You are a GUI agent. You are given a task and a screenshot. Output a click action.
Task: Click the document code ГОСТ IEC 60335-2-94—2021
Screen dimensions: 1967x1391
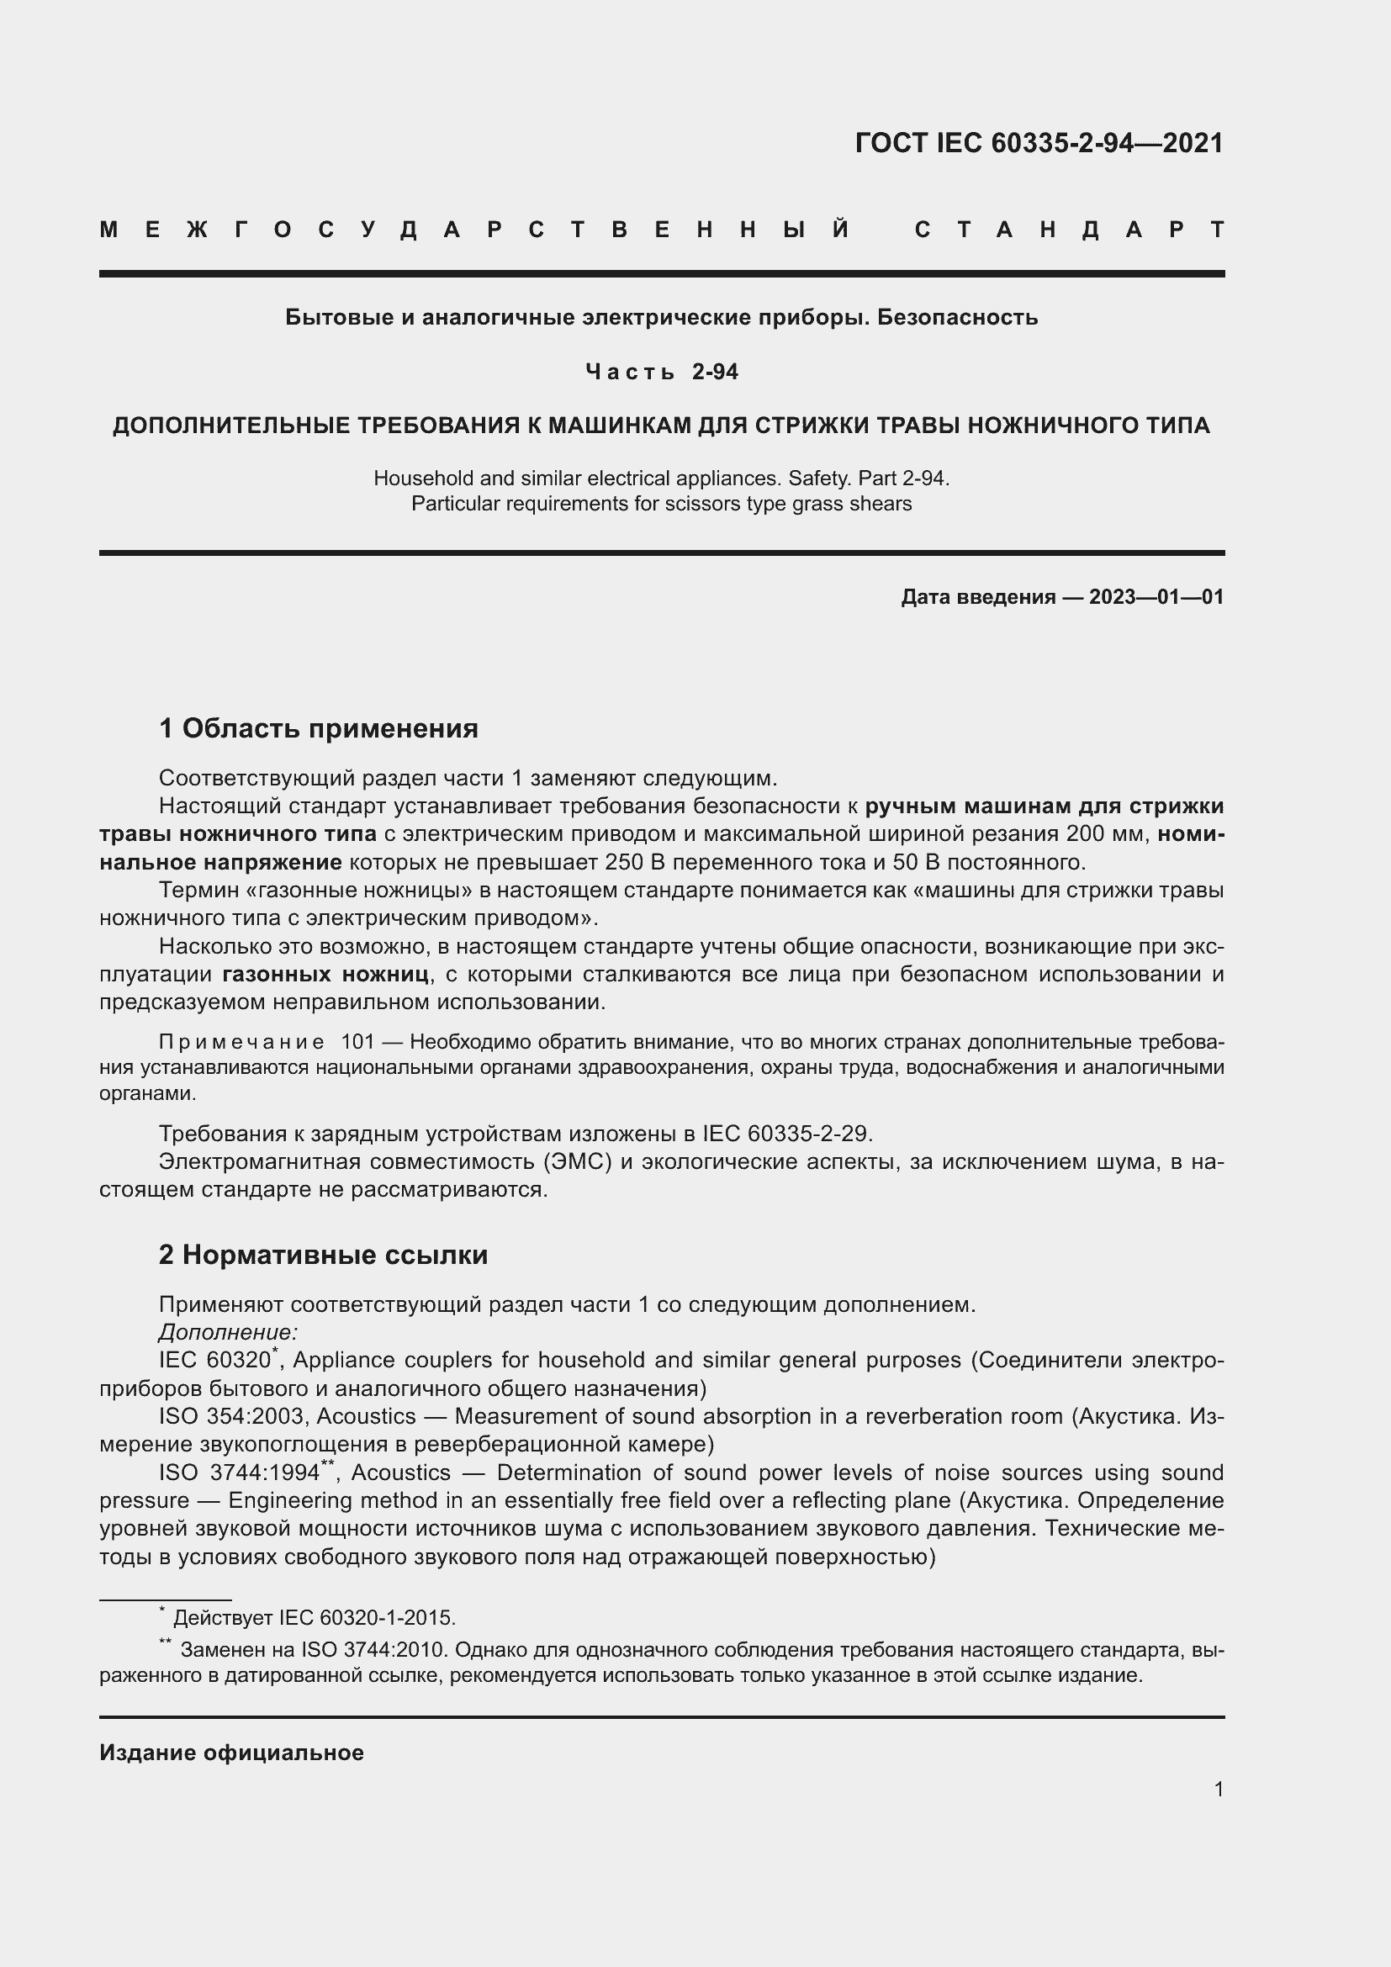click(1039, 143)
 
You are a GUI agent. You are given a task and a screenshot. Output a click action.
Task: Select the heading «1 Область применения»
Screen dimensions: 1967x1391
click(318, 729)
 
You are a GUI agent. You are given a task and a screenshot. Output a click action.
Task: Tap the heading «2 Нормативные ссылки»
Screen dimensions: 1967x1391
click(323, 1255)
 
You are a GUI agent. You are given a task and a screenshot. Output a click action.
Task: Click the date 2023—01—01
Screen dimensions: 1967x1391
click(1156, 597)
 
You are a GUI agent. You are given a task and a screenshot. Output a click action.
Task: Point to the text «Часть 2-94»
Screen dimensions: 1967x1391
click(661, 372)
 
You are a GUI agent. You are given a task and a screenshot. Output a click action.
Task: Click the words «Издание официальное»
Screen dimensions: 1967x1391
click(231, 1753)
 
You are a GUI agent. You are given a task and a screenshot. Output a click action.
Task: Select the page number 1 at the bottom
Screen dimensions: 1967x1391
click(1219, 1790)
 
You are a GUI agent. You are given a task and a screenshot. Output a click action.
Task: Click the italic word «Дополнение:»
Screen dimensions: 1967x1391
click(228, 1332)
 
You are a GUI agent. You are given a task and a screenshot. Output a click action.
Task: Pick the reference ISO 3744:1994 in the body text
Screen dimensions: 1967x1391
click(239, 1473)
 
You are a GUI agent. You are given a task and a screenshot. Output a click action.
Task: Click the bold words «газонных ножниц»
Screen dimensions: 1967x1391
click(325, 974)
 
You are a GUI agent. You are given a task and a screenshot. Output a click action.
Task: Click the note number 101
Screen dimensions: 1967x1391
click(358, 1042)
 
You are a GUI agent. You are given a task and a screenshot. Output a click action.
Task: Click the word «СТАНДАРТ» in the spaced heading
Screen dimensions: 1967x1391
click(1070, 230)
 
